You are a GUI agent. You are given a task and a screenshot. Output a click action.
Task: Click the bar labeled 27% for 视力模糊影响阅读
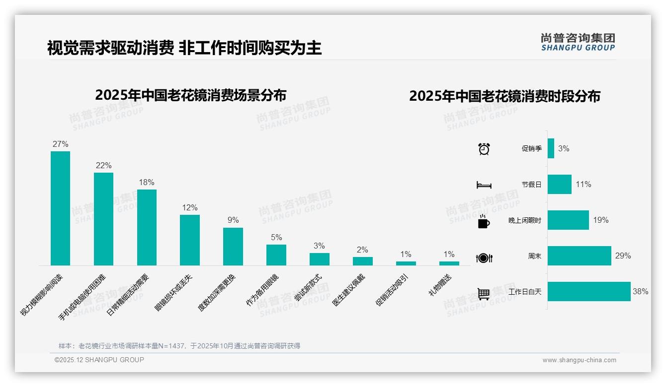click(x=60, y=208)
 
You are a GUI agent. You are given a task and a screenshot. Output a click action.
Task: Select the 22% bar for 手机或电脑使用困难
click(x=103, y=219)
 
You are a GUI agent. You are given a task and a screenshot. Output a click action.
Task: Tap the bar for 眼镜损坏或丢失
click(x=190, y=240)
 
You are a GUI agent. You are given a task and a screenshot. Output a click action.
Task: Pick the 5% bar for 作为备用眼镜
click(x=276, y=255)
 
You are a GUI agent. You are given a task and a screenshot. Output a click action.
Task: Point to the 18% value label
click(x=147, y=182)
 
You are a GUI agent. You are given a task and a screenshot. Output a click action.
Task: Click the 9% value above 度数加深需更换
click(x=233, y=220)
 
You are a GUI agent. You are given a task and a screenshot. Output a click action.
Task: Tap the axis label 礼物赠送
click(x=440, y=286)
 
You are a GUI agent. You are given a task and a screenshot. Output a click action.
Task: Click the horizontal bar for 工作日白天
click(x=589, y=292)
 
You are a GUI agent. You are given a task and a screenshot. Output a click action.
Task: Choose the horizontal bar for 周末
click(x=580, y=256)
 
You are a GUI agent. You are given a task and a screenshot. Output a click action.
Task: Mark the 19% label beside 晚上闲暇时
click(x=600, y=220)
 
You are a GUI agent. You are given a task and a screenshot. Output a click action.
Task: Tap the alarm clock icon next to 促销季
click(x=484, y=149)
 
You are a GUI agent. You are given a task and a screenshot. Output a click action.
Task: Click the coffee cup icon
click(x=484, y=222)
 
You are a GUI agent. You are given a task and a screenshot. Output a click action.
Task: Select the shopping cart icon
click(x=484, y=294)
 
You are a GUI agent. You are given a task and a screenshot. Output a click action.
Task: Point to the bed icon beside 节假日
click(x=484, y=185)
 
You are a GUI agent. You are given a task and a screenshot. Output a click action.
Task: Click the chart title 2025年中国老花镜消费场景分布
click(x=190, y=95)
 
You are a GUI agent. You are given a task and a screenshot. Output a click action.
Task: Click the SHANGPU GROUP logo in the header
click(x=578, y=42)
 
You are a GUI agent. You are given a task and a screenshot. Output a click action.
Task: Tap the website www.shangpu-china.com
click(x=579, y=360)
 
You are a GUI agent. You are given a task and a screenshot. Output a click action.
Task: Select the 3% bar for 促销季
click(x=551, y=148)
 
